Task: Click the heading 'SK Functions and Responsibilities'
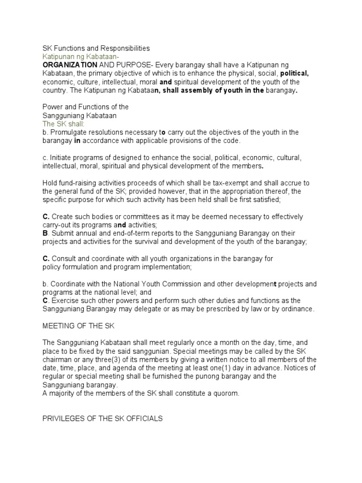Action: pos(96,48)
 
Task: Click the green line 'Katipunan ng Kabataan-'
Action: pos(79,56)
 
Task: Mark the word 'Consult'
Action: pos(64,258)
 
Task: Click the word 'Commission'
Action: pos(191,284)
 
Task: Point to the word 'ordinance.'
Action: pos(296,309)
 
